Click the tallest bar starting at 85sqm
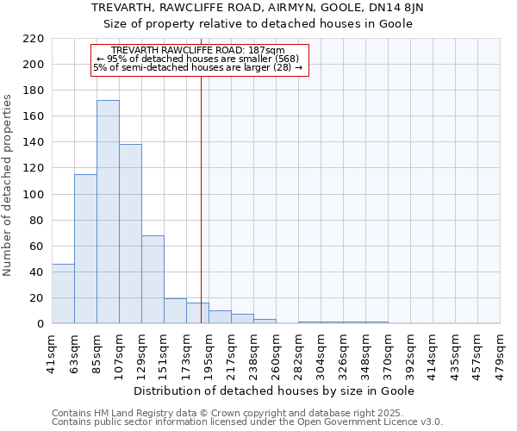(x=108, y=212)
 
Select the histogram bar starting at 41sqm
(x=63, y=294)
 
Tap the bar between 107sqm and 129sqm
(x=130, y=234)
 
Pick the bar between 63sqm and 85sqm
(x=85, y=249)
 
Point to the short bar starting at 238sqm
(x=265, y=322)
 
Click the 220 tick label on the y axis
(x=34, y=39)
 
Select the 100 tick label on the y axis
(x=34, y=194)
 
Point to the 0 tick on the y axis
(x=40, y=324)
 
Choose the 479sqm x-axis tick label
(x=500, y=351)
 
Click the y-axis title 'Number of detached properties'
(x=9, y=184)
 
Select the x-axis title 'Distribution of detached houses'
(x=275, y=390)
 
